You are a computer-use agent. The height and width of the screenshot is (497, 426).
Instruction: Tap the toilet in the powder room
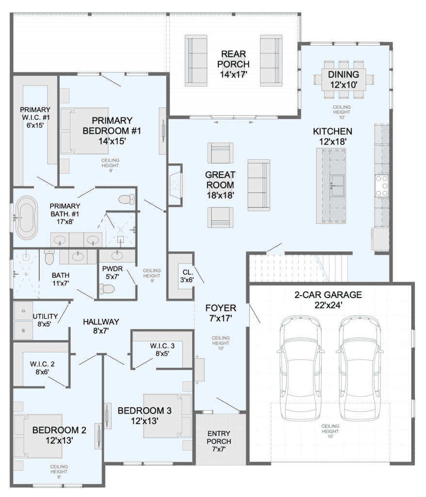(107, 289)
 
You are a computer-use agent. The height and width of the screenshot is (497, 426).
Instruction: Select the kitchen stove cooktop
(382, 186)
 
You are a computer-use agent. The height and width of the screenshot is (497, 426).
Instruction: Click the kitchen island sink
(338, 186)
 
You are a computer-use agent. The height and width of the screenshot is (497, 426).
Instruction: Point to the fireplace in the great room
(175, 185)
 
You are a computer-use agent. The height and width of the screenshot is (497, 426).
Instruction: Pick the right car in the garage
(360, 368)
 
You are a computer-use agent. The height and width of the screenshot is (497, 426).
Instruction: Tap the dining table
(344, 79)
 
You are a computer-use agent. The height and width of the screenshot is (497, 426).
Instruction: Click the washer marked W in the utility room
(23, 330)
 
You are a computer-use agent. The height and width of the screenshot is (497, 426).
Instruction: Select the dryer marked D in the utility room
(23, 311)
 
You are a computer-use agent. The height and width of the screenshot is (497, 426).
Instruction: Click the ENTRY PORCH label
(219, 437)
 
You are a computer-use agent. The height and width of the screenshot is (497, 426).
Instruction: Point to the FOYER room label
(221, 308)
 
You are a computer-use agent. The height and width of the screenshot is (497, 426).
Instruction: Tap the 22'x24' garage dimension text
(328, 305)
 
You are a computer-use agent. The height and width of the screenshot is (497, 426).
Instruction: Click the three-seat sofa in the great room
(259, 185)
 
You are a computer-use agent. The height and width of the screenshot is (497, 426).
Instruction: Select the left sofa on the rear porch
(196, 61)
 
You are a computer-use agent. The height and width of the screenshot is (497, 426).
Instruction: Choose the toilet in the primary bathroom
(127, 199)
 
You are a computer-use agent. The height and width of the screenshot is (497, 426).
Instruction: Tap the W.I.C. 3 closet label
(162, 346)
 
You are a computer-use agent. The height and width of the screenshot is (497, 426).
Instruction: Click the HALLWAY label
(101, 322)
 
